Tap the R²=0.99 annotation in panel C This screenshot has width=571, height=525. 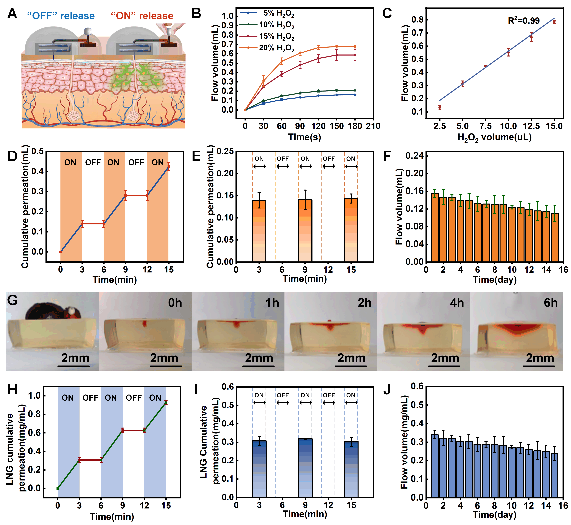(x=524, y=21)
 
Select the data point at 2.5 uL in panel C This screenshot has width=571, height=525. (x=440, y=107)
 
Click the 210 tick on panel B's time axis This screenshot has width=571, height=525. (x=373, y=126)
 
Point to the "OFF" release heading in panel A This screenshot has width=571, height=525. (x=61, y=16)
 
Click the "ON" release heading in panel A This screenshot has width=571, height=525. (x=142, y=16)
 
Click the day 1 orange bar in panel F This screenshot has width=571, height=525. (x=435, y=227)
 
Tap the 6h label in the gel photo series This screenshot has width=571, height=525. (x=551, y=303)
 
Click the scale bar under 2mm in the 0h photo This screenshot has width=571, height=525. (x=166, y=366)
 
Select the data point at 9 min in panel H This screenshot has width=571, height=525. (x=122, y=430)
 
